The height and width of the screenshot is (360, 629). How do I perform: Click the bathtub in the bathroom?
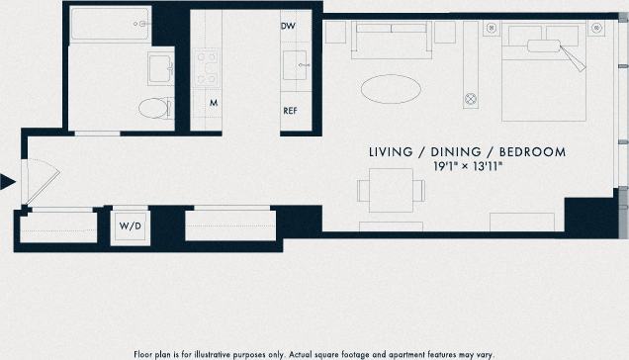tap(109, 23)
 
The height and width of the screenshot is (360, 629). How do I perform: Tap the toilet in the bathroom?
tap(154, 108)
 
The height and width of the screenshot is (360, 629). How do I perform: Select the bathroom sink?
tap(160, 68)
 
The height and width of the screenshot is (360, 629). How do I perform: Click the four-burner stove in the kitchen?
tap(207, 66)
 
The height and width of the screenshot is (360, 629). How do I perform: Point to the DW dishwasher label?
tap(289, 27)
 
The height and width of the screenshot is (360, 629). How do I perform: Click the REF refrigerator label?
tap(291, 111)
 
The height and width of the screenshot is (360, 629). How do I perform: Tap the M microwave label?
tap(213, 103)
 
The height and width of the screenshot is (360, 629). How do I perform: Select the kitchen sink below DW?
tap(296, 65)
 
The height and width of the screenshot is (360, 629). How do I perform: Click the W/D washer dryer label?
tap(131, 226)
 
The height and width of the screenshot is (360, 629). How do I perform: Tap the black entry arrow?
tap(8, 181)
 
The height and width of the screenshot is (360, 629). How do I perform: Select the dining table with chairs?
tap(385, 190)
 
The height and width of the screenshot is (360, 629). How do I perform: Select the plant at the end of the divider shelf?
tap(472, 100)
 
